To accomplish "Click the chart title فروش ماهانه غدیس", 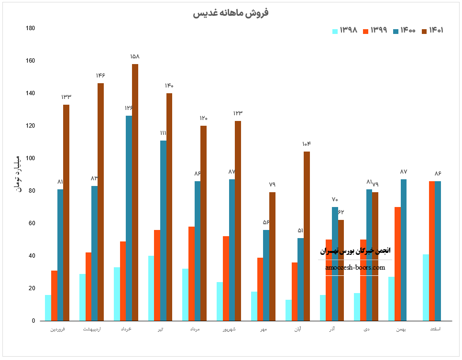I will click(x=231, y=13).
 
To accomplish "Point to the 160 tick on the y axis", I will click(x=30, y=61).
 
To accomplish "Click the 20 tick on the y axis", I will click(x=32, y=288).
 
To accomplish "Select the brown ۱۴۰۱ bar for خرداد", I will click(x=135, y=192).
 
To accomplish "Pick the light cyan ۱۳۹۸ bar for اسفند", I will click(x=426, y=287).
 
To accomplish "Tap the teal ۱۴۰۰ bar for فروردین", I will click(x=60, y=255).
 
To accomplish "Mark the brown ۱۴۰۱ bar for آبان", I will click(x=307, y=236).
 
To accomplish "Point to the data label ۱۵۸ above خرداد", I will click(x=135, y=56).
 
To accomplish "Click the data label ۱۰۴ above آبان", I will click(x=307, y=144).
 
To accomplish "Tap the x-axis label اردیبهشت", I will click(x=91, y=329).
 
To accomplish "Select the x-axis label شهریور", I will click(x=229, y=329).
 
